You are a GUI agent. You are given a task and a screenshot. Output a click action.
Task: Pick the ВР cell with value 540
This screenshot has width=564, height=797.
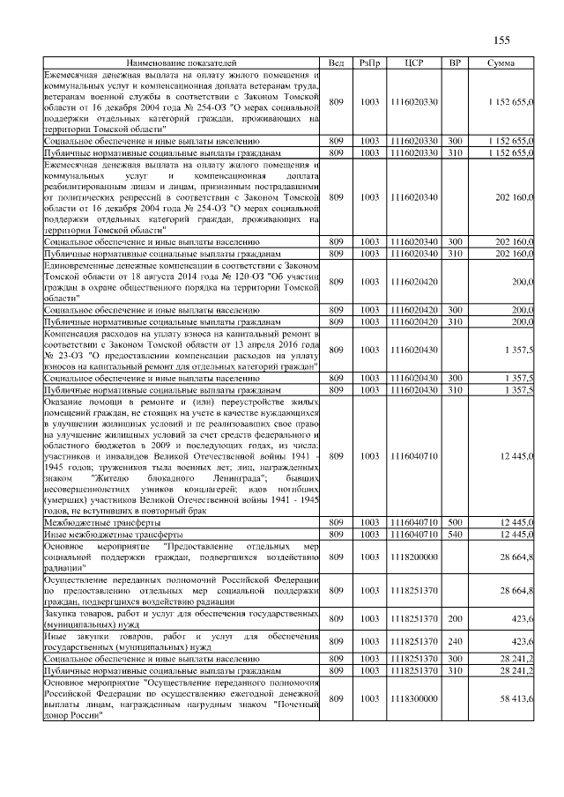pyautogui.click(x=455, y=535)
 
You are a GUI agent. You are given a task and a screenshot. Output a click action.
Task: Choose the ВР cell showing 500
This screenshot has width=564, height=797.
pyautogui.click(x=455, y=523)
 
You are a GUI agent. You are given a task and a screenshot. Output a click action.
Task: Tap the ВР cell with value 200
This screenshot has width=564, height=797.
pyautogui.click(x=455, y=619)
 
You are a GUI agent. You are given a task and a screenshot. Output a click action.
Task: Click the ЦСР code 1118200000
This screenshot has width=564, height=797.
pyautogui.click(x=413, y=557)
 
